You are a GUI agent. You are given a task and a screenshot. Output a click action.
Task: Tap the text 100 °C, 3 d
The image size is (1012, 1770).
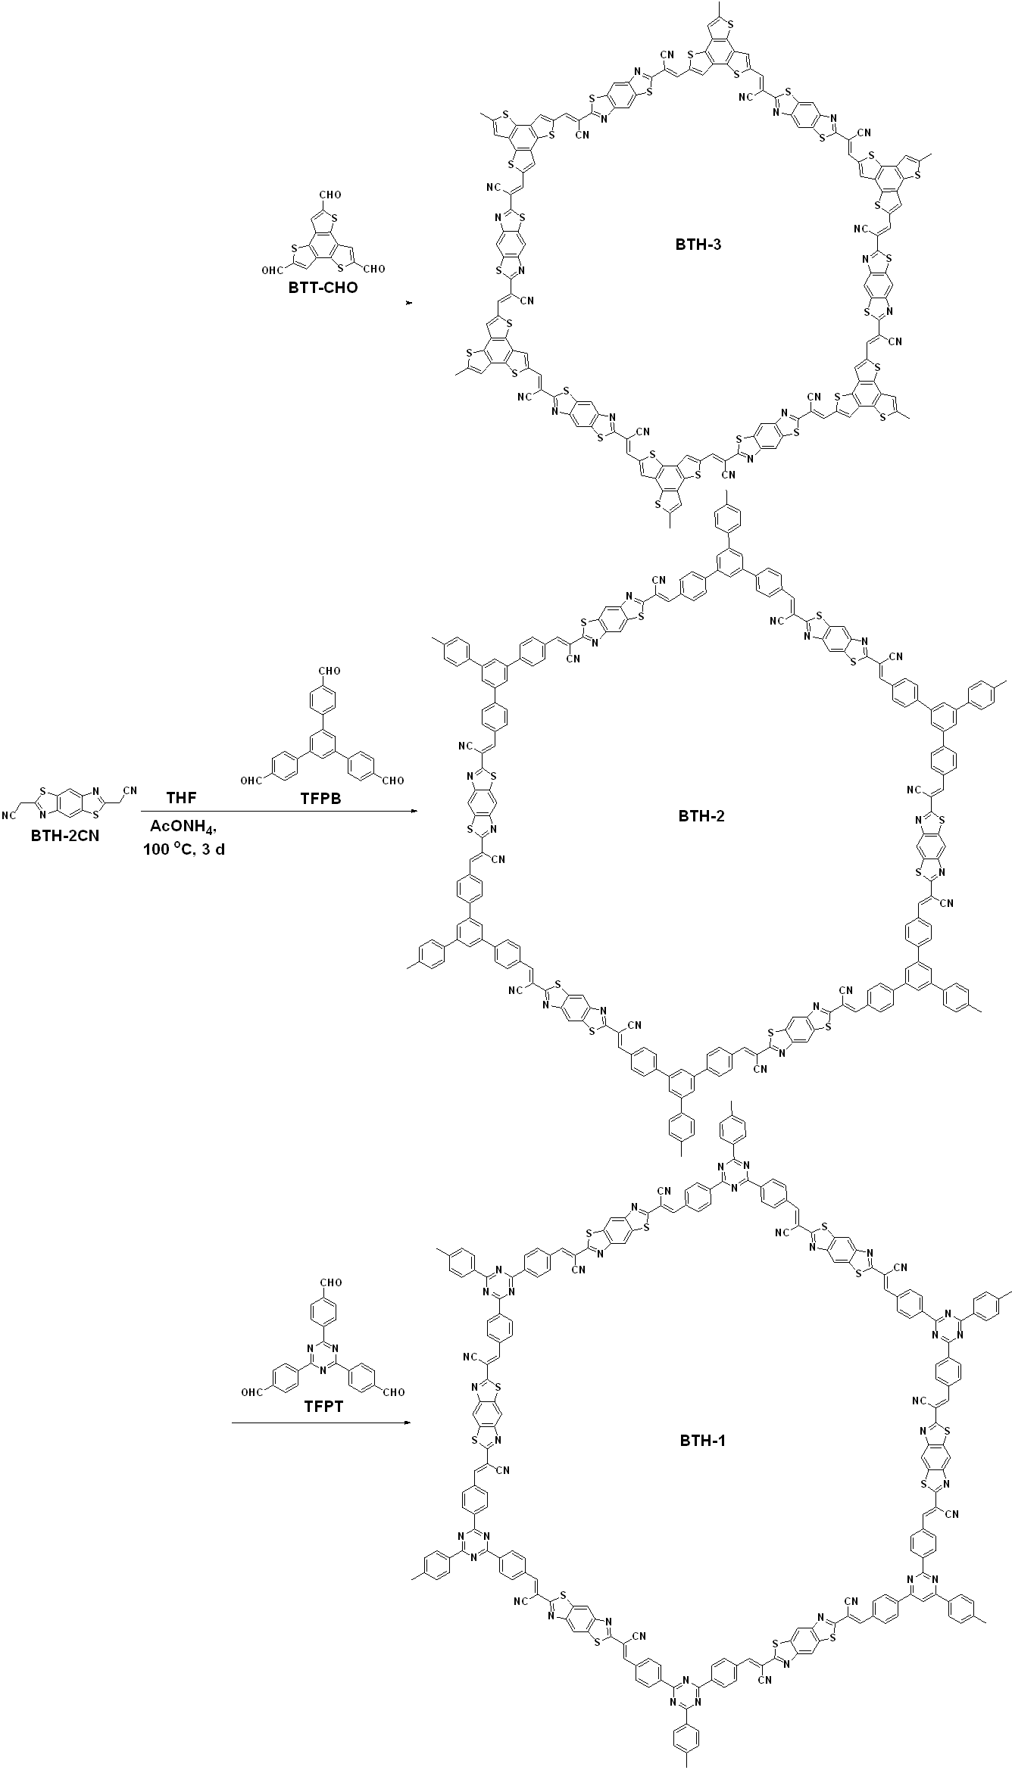(x=184, y=849)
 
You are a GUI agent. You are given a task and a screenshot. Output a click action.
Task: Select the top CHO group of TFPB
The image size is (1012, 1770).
(x=330, y=671)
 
